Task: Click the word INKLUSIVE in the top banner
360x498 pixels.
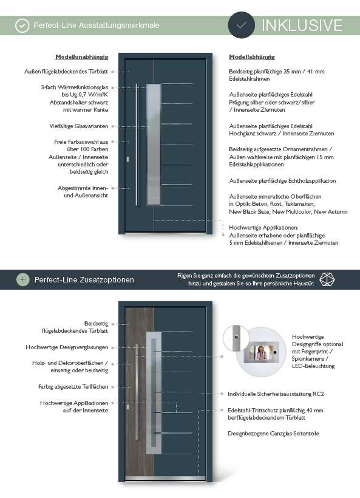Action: click(x=302, y=26)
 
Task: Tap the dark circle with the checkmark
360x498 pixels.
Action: click(x=241, y=25)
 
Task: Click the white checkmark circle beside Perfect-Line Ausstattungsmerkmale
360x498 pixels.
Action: click(x=22, y=26)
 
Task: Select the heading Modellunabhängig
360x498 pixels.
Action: click(x=81, y=57)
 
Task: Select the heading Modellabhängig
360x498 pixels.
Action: click(x=252, y=57)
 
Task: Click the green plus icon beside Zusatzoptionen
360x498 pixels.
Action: click(x=22, y=279)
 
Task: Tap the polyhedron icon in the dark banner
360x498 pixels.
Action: click(x=327, y=279)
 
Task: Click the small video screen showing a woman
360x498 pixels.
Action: click(x=261, y=352)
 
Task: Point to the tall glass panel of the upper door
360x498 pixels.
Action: click(x=154, y=144)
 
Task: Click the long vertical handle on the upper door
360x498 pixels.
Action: click(x=137, y=145)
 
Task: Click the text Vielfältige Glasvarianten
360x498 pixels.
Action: click(x=79, y=126)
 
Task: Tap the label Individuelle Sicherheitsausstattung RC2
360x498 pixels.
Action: click(x=276, y=394)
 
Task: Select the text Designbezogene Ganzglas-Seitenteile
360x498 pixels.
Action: click(x=273, y=433)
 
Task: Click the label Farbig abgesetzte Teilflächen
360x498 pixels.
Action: click(x=73, y=386)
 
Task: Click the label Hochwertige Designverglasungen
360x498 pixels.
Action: click(x=67, y=347)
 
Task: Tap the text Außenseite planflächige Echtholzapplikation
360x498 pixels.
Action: click(x=282, y=181)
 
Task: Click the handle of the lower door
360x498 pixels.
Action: click(x=137, y=392)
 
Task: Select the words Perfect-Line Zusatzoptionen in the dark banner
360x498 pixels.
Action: click(x=84, y=280)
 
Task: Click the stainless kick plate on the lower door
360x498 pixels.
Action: click(x=165, y=478)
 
